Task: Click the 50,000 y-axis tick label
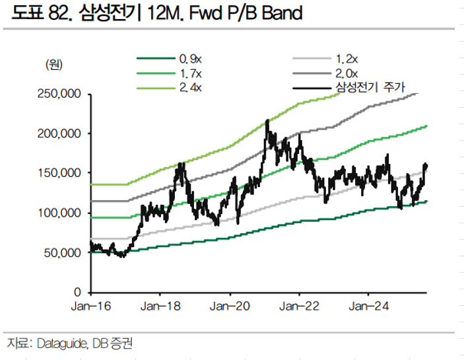64,252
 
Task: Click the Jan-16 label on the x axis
90,306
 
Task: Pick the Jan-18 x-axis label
160,306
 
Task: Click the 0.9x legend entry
191,57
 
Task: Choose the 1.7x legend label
191,72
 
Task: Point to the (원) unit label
53,64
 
